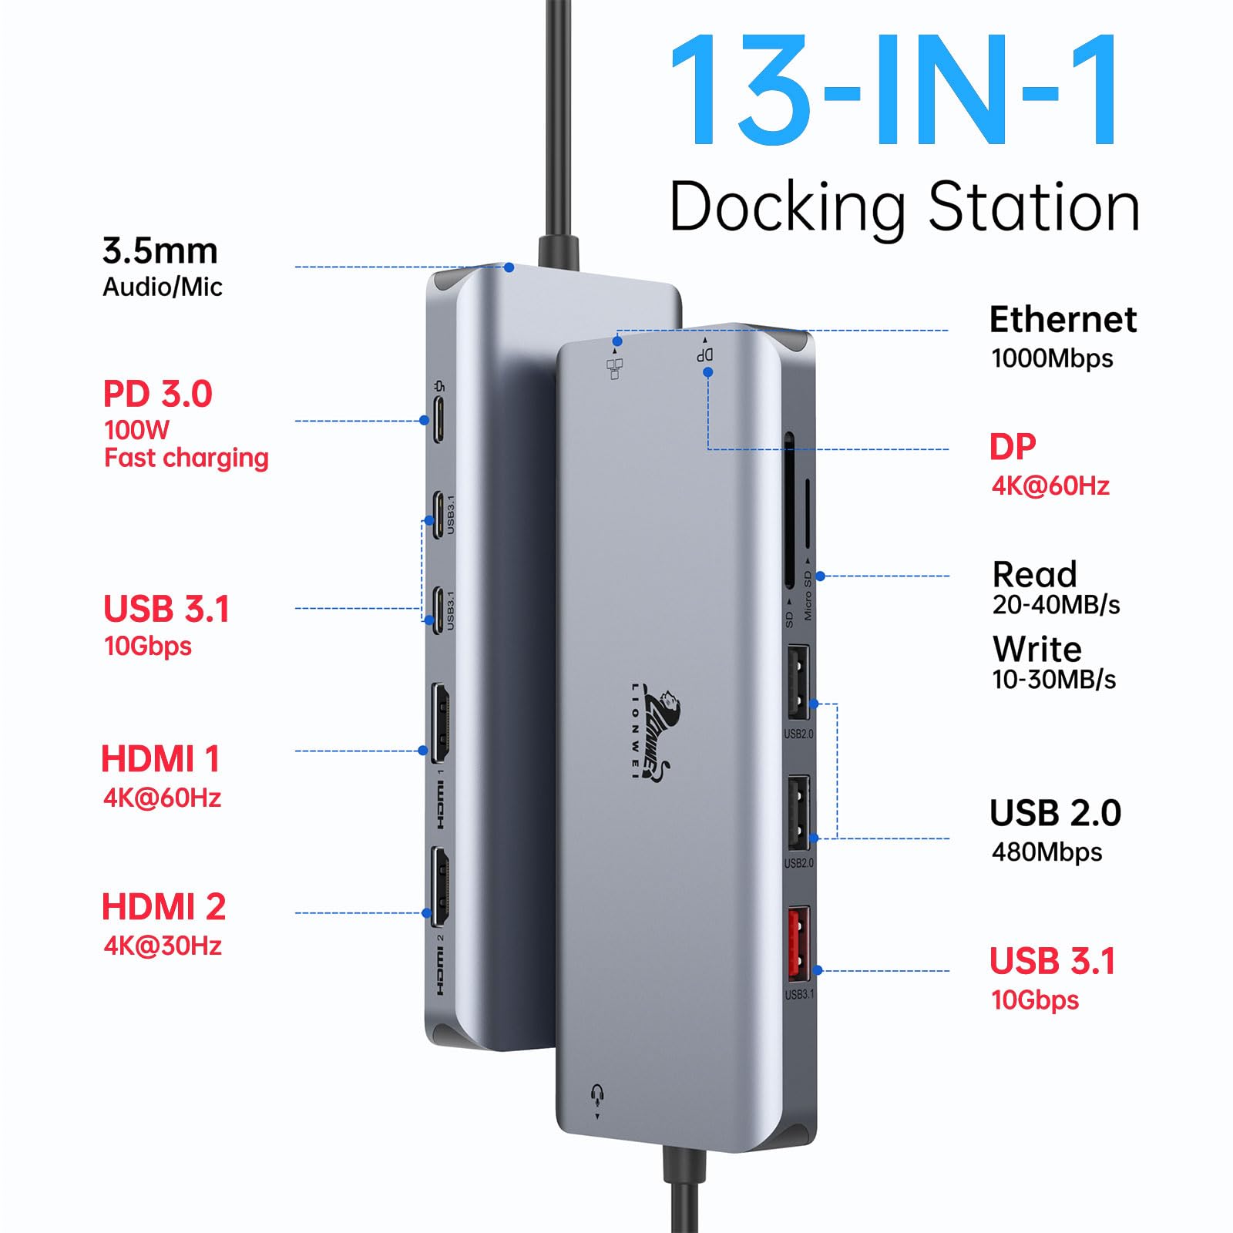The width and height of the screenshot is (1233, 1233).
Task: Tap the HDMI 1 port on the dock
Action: point(440,721)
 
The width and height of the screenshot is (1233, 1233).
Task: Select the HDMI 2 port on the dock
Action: point(440,886)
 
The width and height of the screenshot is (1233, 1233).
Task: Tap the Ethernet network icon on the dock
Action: point(615,368)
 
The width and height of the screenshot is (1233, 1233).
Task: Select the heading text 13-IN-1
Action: point(894,91)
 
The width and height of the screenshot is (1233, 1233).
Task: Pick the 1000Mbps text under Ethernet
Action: point(1052,358)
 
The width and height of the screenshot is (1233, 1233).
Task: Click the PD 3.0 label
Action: point(157,395)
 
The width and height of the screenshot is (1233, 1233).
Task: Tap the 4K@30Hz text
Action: point(163,946)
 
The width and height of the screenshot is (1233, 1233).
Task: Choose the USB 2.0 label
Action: point(1055,814)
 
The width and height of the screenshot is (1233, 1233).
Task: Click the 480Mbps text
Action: point(1047,852)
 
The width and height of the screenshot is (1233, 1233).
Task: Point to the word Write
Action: point(1036,650)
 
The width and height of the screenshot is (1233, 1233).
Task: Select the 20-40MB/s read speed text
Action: point(1056,606)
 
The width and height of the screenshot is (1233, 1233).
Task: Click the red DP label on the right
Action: point(1013,447)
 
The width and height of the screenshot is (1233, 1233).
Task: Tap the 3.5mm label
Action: point(160,251)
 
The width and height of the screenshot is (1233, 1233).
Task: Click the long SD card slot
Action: point(789,512)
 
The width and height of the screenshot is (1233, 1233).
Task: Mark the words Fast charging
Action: point(186,458)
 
